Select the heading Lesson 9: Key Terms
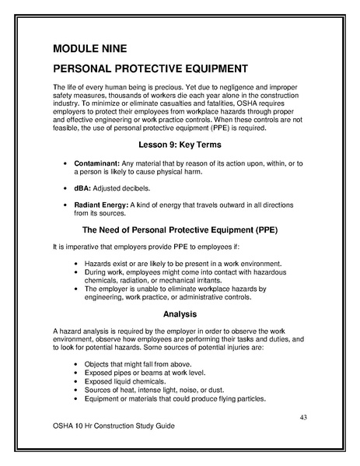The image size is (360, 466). pos(179,145)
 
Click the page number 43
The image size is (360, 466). pos(305,419)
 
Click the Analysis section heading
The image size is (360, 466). pos(179,314)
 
